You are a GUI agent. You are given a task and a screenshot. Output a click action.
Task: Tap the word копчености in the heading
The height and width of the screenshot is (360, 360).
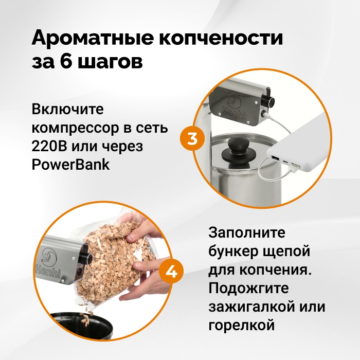pyautogui.click(x=221, y=38)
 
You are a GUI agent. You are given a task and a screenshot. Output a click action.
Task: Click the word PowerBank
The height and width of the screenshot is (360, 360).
pyautogui.click(x=70, y=164)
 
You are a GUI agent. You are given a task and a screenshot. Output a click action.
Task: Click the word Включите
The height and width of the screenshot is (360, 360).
pyautogui.click(x=67, y=109)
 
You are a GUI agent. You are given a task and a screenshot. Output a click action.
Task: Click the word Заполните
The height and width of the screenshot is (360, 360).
pyautogui.click(x=247, y=232)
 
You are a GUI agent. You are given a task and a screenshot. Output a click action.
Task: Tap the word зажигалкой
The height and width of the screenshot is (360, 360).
pyautogui.click(x=251, y=307)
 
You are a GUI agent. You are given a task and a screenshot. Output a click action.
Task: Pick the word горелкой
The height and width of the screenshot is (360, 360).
pyautogui.click(x=242, y=326)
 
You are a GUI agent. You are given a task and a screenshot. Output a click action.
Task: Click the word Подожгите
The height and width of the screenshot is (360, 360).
pyautogui.click(x=248, y=288)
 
